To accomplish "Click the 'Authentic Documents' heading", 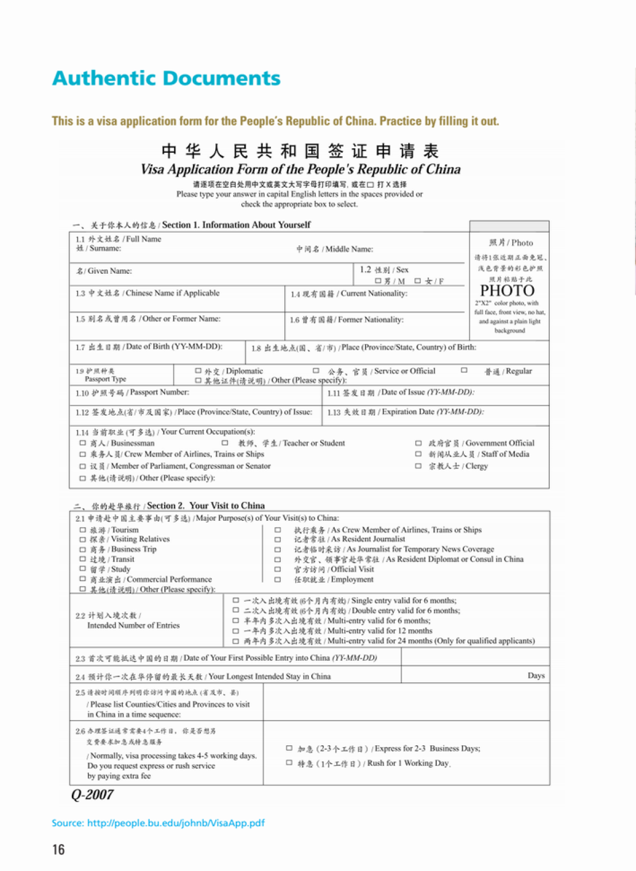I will pyautogui.click(x=166, y=78).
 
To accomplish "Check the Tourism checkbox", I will pyautogui.click(x=83, y=530).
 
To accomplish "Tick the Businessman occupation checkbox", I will pyautogui.click(x=83, y=443).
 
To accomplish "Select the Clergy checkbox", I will pyautogui.click(x=418, y=466).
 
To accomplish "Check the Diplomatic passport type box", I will pyautogui.click(x=198, y=371).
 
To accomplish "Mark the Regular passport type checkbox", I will pyautogui.click(x=464, y=371).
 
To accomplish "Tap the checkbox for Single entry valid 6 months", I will pyautogui.click(x=235, y=601).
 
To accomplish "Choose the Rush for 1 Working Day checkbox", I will pyautogui.click(x=289, y=763).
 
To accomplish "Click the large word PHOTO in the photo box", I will pyautogui.click(x=507, y=291).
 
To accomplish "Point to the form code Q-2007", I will pyautogui.click(x=92, y=795).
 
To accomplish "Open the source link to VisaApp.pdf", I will pyautogui.click(x=158, y=823).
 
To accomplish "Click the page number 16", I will pyautogui.click(x=59, y=850).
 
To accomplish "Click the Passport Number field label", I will pyautogui.click(x=132, y=393).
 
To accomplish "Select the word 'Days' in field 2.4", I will pyautogui.click(x=536, y=676).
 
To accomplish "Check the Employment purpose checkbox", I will pyautogui.click(x=277, y=579).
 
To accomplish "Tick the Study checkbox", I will pyautogui.click(x=83, y=569).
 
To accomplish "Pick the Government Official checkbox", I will pyautogui.click(x=418, y=443).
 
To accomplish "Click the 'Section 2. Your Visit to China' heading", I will pyautogui.click(x=205, y=506).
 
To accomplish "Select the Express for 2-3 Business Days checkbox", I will pyautogui.click(x=289, y=748).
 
